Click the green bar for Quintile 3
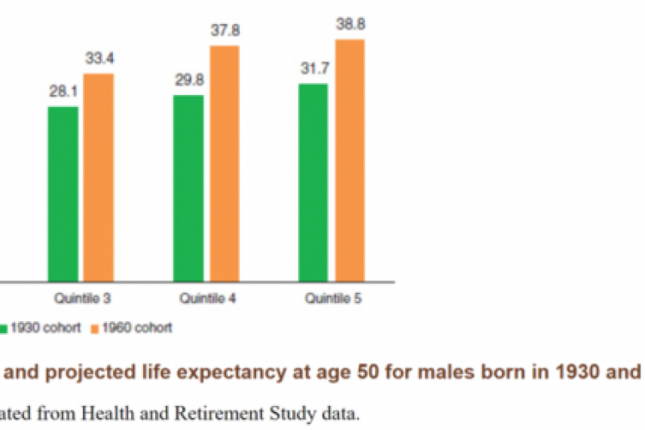pos(63,193)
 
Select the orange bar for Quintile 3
pos(98,177)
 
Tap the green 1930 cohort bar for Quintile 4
pos(188,187)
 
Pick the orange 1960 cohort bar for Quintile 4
pos(223,163)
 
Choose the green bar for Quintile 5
pos(314,182)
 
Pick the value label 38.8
pos(349,26)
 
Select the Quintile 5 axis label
pos(332,299)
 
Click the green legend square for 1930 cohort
pos(4,328)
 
